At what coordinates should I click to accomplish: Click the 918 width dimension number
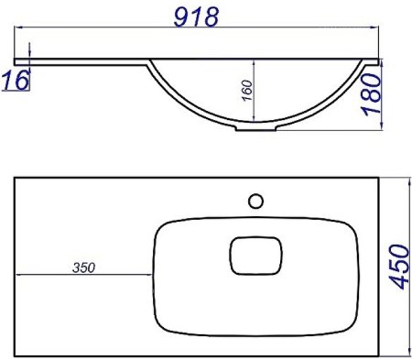coord(196,16)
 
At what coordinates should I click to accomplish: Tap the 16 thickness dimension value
coord(16,81)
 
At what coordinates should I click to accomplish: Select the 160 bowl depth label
coord(247,90)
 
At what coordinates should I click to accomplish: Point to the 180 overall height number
coord(372,94)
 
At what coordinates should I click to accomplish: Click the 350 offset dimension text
coord(84,267)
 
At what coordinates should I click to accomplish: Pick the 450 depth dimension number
coord(399,267)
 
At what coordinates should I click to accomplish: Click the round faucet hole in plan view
coord(255,202)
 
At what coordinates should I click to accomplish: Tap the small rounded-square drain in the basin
coord(255,256)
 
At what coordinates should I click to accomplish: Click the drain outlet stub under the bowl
coord(255,128)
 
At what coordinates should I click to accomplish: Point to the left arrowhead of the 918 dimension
coord(19,27)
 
